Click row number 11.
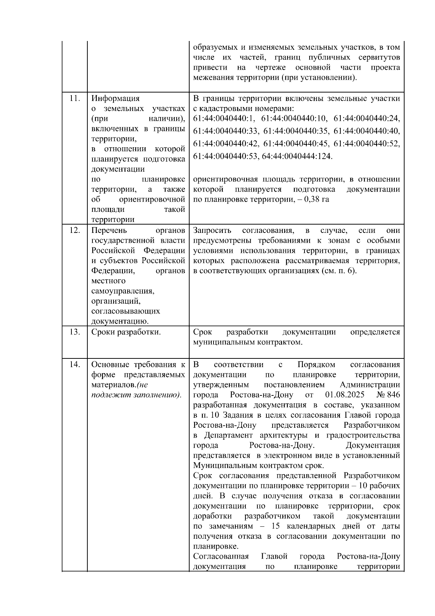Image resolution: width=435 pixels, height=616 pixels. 74,98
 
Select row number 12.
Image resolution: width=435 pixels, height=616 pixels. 74,230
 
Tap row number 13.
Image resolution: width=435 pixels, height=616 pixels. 74,332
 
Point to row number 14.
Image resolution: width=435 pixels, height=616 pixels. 74,365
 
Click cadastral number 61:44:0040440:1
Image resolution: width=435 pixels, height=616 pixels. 224,119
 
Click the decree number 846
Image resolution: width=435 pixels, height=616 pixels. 394,395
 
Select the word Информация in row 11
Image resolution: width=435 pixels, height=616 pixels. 115,98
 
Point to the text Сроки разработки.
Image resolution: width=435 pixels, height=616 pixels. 126,332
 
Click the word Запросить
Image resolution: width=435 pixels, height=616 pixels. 212,230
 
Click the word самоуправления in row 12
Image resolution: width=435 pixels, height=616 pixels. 123,291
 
